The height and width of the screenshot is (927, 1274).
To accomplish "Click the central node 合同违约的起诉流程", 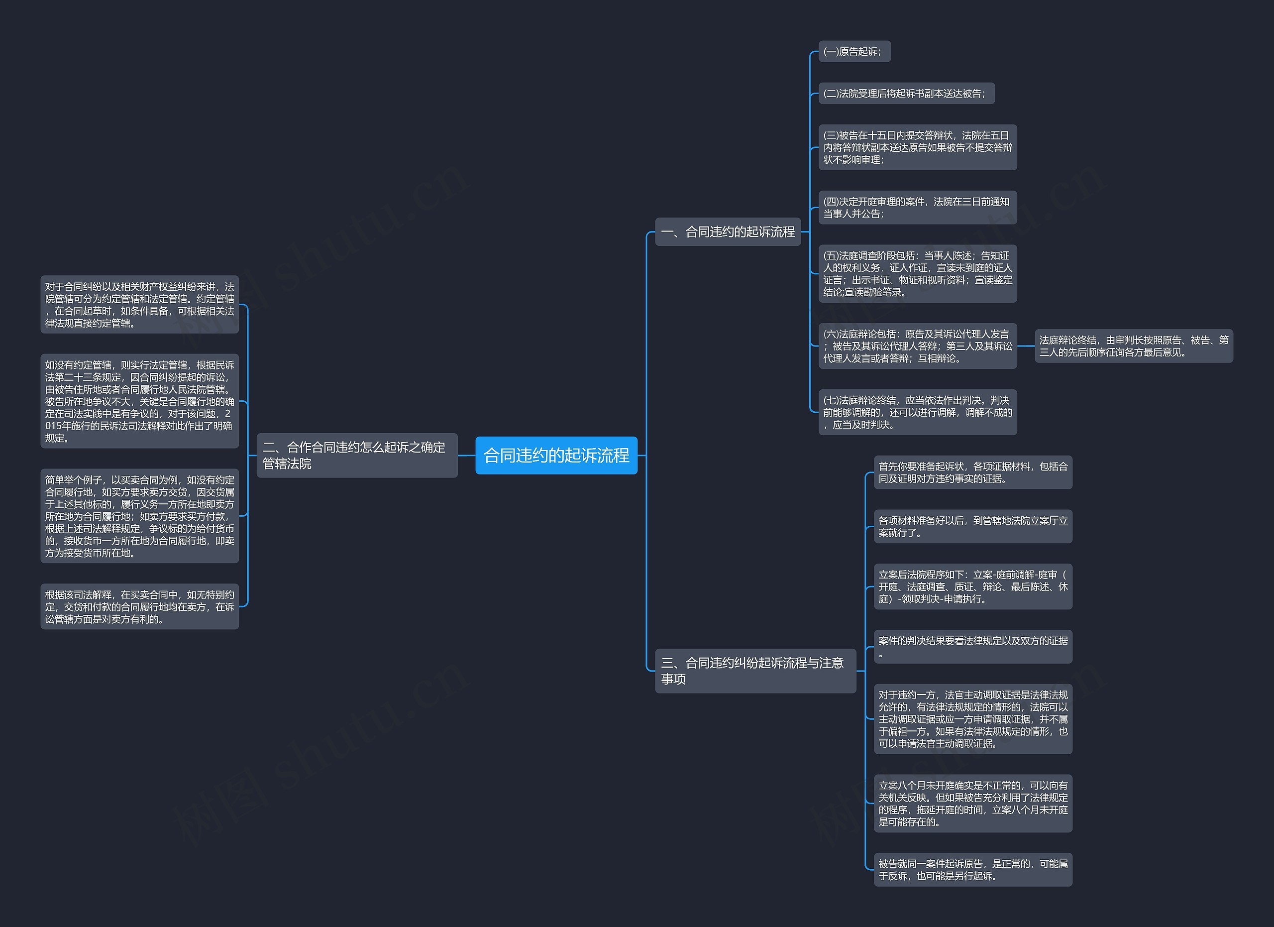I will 556,455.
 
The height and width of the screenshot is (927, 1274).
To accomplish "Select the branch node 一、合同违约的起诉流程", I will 728,232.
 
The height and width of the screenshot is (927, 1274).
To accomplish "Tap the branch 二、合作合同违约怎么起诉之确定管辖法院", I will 357,455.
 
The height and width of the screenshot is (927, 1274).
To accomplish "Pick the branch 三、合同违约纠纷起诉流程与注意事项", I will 755,671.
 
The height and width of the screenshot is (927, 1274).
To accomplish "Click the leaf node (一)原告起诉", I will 854,52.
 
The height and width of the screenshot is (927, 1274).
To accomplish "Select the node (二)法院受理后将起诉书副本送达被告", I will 906,93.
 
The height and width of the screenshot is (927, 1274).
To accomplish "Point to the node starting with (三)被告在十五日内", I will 917,147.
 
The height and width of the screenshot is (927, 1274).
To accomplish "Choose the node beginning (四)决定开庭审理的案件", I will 917,207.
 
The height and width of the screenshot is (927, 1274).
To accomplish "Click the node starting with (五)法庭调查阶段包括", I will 917,274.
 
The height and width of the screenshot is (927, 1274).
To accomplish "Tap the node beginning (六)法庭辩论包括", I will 917,346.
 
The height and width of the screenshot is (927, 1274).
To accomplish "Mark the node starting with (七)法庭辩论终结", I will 917,412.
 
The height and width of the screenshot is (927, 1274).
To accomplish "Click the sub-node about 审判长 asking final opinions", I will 1134,346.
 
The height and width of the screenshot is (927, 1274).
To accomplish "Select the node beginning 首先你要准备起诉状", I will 973,472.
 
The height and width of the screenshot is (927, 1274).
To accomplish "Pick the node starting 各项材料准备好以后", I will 973,526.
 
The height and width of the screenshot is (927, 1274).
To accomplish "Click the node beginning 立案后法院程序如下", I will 973,586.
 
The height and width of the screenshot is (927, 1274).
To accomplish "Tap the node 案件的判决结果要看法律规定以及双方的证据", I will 973,647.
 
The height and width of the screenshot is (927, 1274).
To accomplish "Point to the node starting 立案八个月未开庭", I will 973,804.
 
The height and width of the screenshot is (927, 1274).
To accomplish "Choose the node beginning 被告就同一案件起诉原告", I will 973,870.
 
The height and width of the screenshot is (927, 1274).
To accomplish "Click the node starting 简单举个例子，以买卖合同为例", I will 139,516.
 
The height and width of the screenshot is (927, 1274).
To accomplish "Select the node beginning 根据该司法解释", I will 139,607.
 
